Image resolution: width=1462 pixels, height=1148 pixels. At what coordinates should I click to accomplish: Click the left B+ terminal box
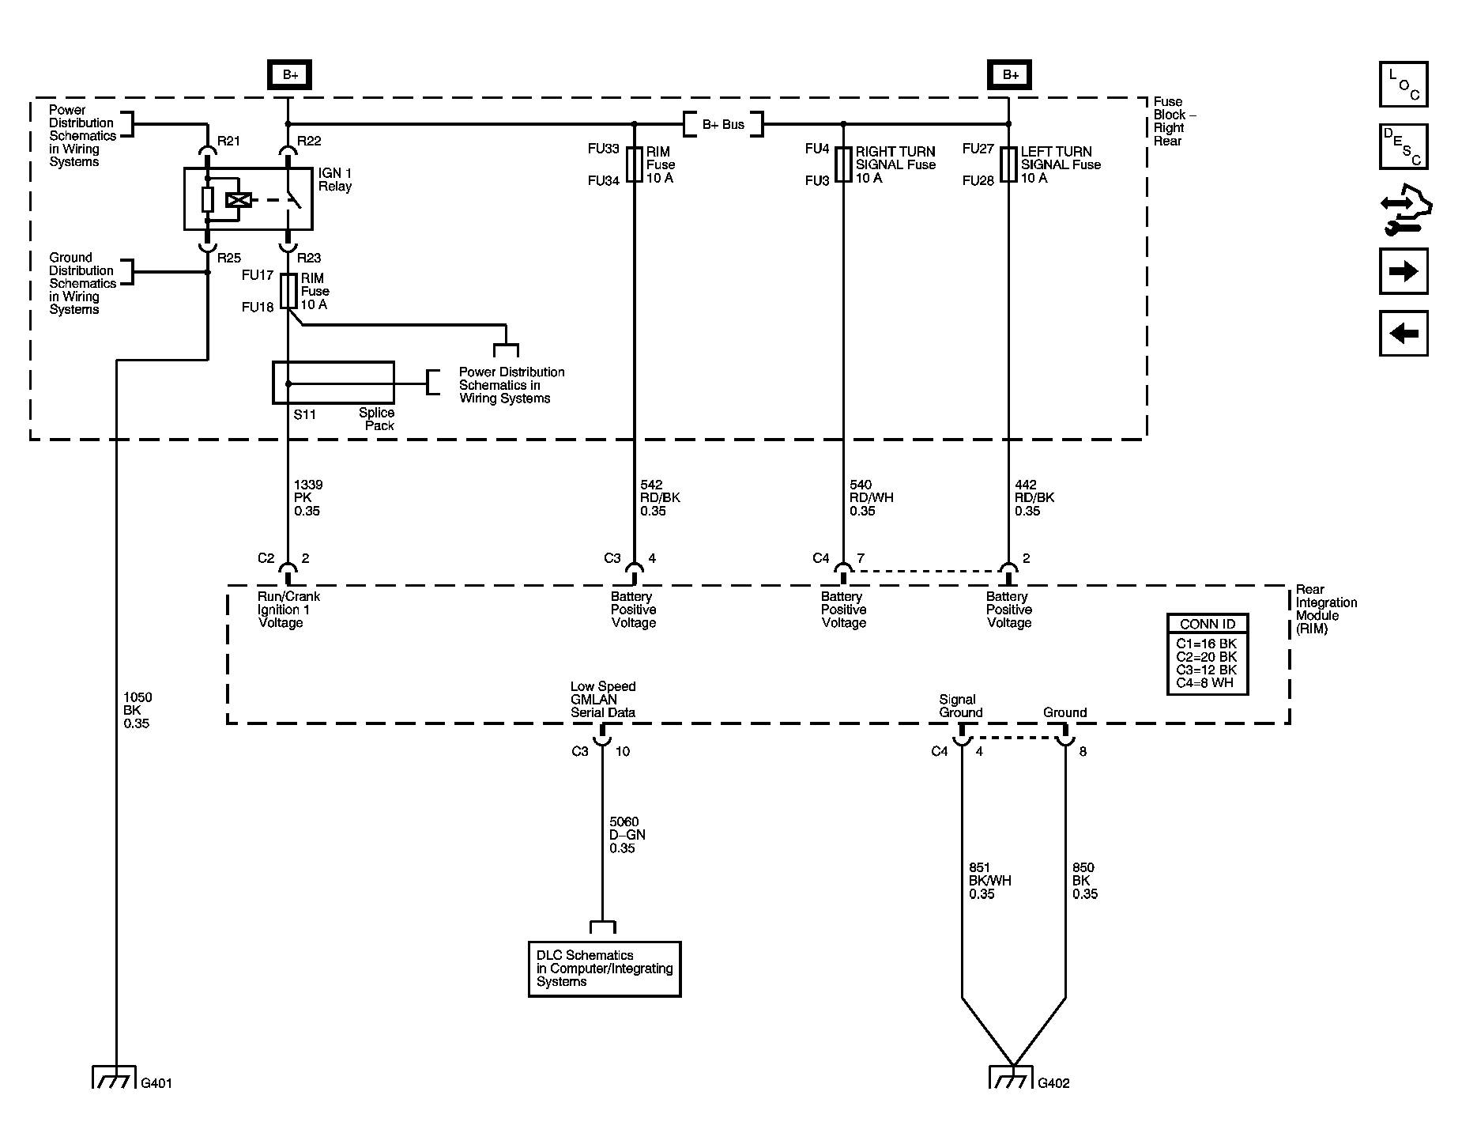pos(289,75)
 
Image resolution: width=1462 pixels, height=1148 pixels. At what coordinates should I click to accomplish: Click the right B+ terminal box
pos(1009,75)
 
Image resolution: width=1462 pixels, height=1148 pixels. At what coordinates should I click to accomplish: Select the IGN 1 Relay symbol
pos(248,198)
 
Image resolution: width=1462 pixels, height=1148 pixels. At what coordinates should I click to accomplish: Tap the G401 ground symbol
pos(115,1077)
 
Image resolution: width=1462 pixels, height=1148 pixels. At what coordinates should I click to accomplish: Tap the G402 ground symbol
pos(1012,1077)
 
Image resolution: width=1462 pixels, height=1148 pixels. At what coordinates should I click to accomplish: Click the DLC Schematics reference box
pos(605,969)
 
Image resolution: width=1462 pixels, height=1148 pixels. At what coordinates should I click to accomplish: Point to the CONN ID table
pos(1208,655)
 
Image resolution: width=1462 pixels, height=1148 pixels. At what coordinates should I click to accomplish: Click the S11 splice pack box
pos(333,383)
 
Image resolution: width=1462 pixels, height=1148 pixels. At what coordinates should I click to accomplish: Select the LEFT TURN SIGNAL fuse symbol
pos(1008,164)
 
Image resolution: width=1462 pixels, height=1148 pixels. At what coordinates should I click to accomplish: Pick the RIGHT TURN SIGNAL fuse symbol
pos(843,164)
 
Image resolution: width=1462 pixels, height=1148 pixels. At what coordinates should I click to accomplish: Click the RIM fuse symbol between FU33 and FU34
pos(634,164)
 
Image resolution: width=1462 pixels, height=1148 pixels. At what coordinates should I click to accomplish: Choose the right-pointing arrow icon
pos(1404,272)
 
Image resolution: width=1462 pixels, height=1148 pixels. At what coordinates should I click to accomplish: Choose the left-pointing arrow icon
pos(1404,333)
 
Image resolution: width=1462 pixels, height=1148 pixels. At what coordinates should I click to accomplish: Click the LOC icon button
pos(1404,84)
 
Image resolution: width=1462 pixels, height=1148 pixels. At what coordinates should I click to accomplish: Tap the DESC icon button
pos(1404,146)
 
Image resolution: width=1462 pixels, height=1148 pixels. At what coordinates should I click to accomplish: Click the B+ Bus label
pos(723,125)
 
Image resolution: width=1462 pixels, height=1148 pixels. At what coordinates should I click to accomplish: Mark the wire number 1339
pos(308,485)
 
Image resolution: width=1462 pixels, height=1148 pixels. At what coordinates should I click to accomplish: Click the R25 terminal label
pos(229,258)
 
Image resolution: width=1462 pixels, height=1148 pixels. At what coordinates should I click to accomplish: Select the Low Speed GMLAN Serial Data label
pos(603,700)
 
